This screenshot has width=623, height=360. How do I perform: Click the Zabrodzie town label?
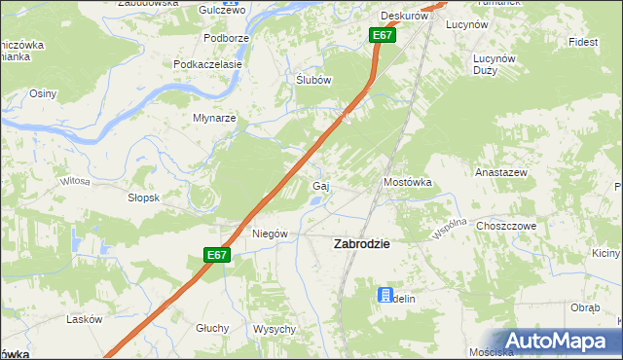point(362,244)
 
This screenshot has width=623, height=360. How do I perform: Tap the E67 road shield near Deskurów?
point(382,36)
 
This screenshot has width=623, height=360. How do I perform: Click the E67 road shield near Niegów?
point(217,255)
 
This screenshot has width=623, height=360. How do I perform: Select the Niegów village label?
point(270,234)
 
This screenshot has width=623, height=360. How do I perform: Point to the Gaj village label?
point(318,186)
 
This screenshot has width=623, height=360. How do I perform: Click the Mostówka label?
point(407,182)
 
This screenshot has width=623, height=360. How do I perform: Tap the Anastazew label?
point(500,172)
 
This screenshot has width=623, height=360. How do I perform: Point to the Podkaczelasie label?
point(206,64)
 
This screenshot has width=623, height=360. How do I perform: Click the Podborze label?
point(222,38)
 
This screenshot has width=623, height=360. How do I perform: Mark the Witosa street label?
point(75,181)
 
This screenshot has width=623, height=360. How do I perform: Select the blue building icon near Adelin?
point(385,295)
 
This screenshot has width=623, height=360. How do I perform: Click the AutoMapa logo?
point(557,341)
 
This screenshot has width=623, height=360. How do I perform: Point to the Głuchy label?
point(211,328)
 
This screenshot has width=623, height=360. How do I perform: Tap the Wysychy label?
point(274,329)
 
